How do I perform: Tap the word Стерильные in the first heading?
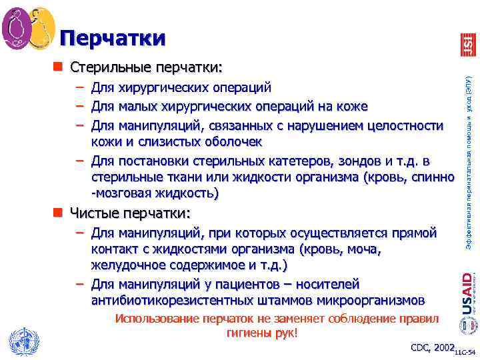(x=111, y=67)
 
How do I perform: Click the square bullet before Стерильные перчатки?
(x=58, y=67)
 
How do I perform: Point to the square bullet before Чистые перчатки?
(x=58, y=213)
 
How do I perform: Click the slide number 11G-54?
(x=467, y=351)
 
